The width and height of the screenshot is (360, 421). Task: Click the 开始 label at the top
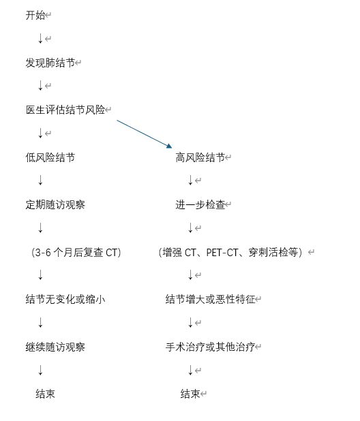pos(35,15)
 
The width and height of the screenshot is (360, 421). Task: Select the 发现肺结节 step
pos(50,63)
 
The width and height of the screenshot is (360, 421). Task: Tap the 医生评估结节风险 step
pos(65,110)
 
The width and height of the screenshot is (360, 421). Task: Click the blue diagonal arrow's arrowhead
pos(169,146)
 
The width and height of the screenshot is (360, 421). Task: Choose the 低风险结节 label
pos(50,157)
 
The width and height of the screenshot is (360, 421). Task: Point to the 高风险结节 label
pos(200,157)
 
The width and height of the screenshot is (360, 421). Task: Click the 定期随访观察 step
pos(55,204)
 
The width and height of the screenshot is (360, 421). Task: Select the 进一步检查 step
pos(200,204)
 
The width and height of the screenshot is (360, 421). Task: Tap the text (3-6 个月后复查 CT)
pos(76,252)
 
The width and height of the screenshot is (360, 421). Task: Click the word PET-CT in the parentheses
pos(222,253)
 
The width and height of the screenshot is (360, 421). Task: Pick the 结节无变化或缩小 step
pos(65,299)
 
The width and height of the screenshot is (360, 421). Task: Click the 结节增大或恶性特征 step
pos(211,299)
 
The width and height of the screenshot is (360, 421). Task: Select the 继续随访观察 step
pos(55,347)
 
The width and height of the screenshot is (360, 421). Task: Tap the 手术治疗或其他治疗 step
pos(211,347)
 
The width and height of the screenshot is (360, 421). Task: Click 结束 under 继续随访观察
pos(45,394)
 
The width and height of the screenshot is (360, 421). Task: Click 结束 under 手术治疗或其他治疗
pos(190,394)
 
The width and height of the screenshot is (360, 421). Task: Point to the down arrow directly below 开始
pos(40,38)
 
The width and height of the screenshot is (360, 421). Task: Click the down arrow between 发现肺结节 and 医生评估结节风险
pos(40,85)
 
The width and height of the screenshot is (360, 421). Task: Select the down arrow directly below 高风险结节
pos(190,180)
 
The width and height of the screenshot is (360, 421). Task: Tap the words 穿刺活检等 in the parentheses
pos(273,253)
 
